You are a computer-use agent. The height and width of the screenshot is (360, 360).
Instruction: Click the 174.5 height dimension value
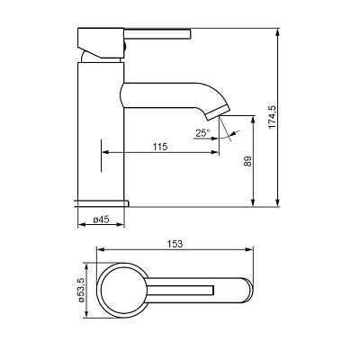tap(273, 117)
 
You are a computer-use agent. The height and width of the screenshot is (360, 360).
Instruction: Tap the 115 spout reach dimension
tap(160, 147)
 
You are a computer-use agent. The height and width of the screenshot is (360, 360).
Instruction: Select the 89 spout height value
tap(248, 161)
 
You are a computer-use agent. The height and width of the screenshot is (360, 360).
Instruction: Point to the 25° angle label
tap(202, 133)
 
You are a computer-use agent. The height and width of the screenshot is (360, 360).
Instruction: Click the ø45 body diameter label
tap(101, 220)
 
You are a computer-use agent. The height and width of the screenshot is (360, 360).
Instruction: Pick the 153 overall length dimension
tap(175, 244)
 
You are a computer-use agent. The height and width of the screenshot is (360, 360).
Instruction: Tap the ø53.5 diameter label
tap(81, 290)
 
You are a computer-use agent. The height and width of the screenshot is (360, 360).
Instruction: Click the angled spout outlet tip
tap(219, 113)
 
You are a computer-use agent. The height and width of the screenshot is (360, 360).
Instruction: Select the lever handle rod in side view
tap(157, 34)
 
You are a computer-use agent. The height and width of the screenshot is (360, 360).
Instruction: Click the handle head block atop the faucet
tap(101, 42)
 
